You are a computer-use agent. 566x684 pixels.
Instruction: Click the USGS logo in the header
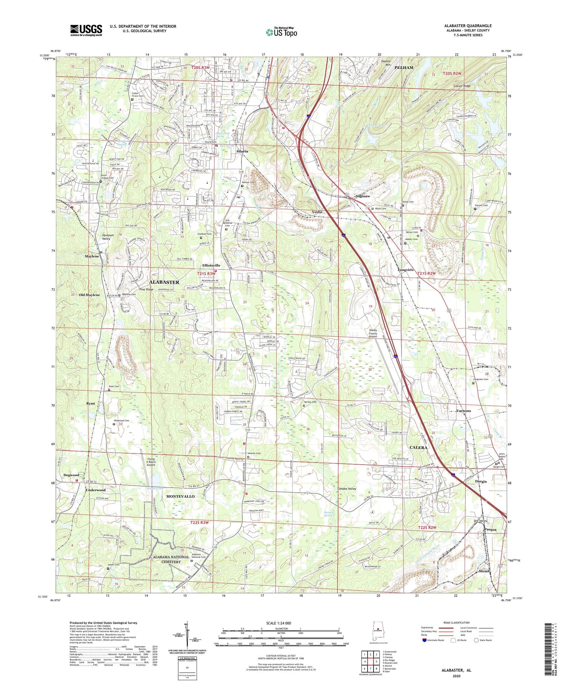86,30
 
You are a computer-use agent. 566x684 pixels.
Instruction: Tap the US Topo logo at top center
281,32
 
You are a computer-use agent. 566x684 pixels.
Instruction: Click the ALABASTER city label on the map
164,282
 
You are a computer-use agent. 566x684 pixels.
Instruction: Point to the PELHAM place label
404,68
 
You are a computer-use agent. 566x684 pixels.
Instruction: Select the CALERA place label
418,447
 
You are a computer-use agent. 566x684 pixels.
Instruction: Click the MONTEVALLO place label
180,496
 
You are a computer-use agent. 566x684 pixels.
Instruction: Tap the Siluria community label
242,151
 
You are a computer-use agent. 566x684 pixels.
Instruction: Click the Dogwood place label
71,475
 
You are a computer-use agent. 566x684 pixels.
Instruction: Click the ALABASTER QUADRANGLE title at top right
468,26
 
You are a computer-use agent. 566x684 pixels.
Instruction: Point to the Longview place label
406,270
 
